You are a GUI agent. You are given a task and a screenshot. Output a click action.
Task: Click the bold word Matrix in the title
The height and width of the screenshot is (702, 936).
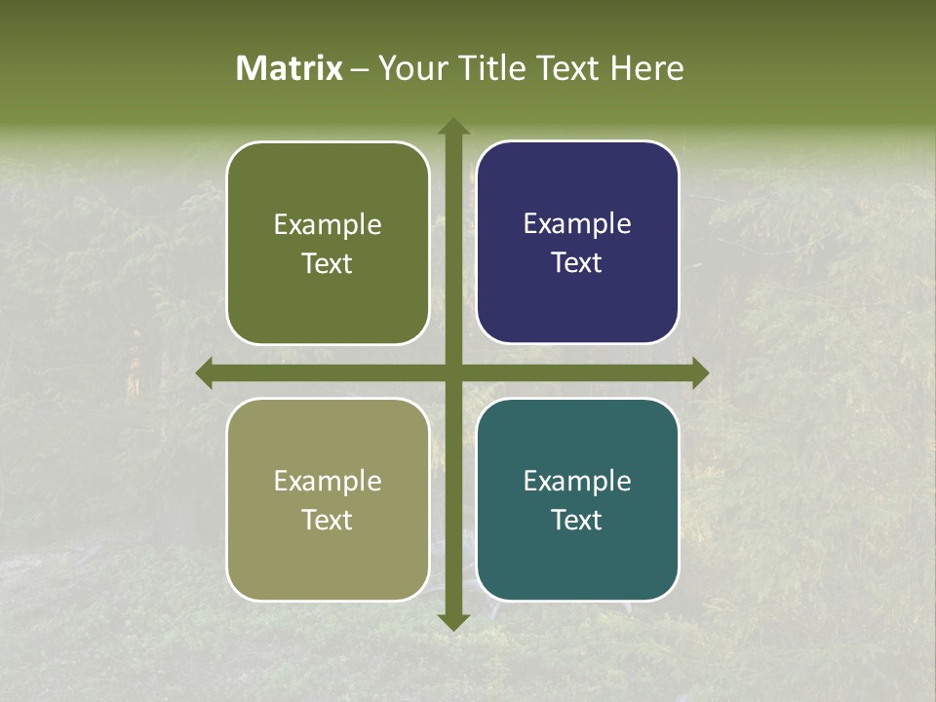(290, 68)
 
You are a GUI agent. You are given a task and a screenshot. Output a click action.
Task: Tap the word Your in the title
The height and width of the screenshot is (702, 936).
(410, 68)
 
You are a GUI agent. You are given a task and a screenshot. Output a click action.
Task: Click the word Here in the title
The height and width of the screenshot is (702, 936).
(647, 68)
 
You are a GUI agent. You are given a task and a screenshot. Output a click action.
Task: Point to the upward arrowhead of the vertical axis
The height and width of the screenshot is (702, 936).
(453, 127)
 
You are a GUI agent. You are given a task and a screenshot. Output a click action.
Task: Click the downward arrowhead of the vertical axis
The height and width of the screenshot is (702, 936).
(453, 621)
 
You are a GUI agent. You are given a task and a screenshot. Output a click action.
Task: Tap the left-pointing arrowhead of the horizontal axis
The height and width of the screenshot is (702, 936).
(205, 372)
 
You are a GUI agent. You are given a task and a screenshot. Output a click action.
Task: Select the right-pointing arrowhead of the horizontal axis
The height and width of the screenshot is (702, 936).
(700, 372)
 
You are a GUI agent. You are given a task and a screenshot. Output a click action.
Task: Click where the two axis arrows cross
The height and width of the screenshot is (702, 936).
(453, 372)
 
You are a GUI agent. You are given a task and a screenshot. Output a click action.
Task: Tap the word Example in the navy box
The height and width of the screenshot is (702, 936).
(577, 224)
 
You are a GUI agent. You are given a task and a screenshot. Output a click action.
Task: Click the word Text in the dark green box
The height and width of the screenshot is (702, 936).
(327, 263)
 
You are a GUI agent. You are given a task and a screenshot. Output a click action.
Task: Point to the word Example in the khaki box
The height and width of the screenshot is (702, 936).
(328, 482)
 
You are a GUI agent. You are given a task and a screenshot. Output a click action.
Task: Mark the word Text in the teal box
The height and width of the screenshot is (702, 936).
(576, 520)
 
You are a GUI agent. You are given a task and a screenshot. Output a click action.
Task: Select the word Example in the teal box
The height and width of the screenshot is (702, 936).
(577, 481)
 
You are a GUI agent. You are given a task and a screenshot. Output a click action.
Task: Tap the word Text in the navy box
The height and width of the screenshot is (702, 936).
(576, 262)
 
